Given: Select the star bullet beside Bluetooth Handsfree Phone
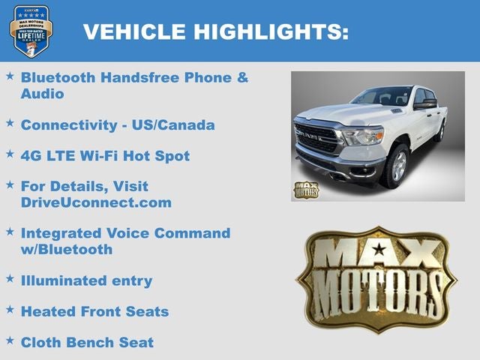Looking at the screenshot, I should [10, 76].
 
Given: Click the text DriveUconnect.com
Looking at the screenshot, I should [96, 202].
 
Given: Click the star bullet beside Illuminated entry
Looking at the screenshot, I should [10, 279].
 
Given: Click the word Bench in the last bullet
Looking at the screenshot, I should [94, 343].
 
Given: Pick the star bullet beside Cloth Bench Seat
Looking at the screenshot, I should [10, 341].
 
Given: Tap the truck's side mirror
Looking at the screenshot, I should [426, 104].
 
